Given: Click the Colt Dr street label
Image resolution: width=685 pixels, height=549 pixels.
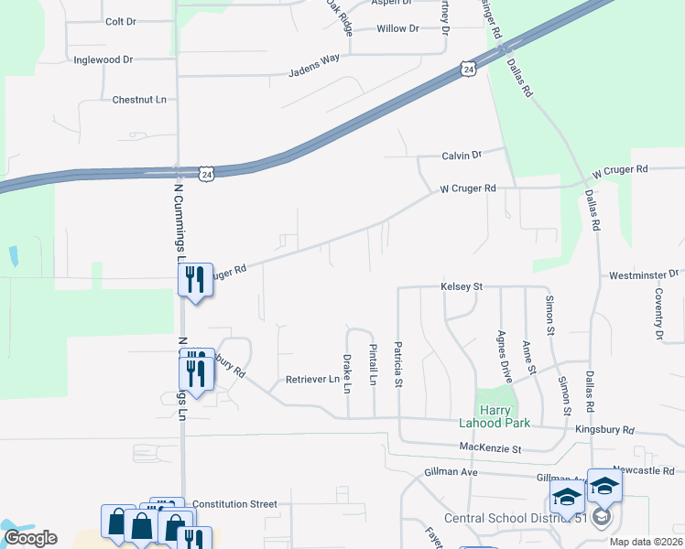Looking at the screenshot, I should pyautogui.click(x=121, y=21).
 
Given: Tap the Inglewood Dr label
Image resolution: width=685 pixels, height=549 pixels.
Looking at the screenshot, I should pyautogui.click(x=103, y=59).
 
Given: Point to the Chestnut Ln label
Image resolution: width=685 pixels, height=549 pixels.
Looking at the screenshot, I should pyautogui.click(x=139, y=99).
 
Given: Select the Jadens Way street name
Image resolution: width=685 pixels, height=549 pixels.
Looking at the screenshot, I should pyautogui.click(x=314, y=64).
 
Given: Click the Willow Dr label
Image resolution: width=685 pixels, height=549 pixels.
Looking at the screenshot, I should pyautogui.click(x=397, y=28).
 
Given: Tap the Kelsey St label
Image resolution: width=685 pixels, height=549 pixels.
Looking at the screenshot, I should pyautogui.click(x=461, y=286).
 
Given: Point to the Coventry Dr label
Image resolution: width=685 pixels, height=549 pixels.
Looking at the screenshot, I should pyautogui.click(x=658, y=314).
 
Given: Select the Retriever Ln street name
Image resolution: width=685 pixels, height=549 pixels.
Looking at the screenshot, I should pyautogui.click(x=312, y=379).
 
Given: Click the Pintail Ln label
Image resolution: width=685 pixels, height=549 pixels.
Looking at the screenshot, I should pyautogui.click(x=373, y=364).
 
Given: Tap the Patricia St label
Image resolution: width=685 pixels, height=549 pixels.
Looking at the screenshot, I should pyautogui.click(x=398, y=365).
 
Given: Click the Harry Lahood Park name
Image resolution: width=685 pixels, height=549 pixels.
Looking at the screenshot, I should pyautogui.click(x=494, y=416).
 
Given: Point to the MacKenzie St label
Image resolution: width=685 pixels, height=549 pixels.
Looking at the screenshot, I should pyautogui.click(x=490, y=449).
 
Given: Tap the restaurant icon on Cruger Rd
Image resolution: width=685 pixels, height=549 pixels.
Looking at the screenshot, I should pyautogui.click(x=194, y=279).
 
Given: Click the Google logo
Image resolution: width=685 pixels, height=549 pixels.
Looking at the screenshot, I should pyautogui.click(x=29, y=538).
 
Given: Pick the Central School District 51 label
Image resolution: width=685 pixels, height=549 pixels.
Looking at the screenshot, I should pyautogui.click(x=515, y=518).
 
